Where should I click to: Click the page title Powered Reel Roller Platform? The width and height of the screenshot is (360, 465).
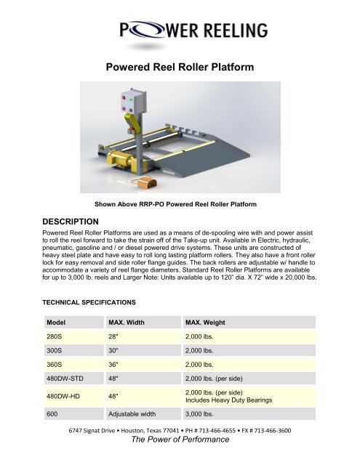(180, 69)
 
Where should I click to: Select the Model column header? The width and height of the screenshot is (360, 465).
(58, 322)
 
